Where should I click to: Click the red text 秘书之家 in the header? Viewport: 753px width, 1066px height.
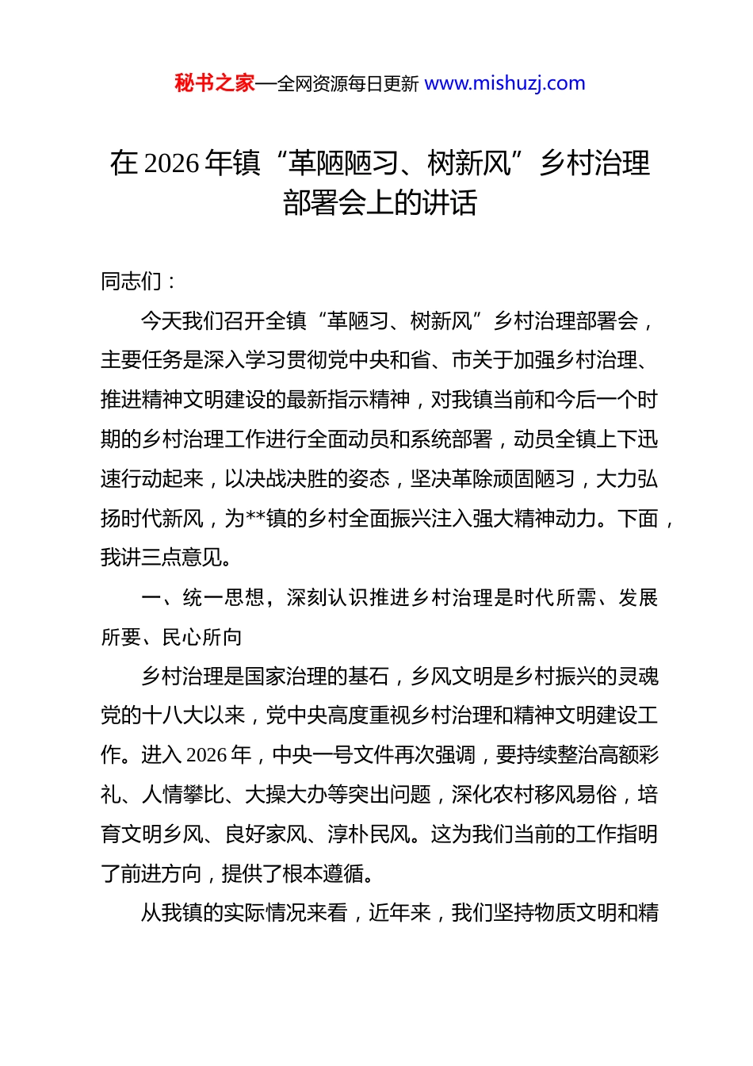click(215, 83)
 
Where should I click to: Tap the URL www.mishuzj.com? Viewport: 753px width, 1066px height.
click(505, 83)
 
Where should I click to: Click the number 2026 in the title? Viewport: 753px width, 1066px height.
click(172, 163)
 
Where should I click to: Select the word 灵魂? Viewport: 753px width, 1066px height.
click(638, 677)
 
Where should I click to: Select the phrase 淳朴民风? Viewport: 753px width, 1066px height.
click(369, 834)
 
